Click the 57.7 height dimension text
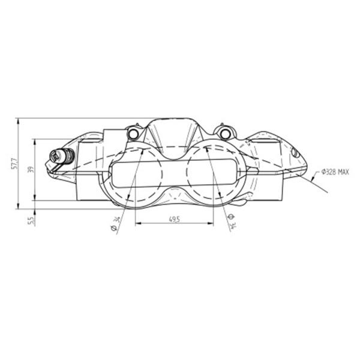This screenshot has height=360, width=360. coord(14,163)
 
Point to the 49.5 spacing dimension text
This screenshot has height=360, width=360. coord(175,220)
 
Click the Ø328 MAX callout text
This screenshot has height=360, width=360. coord(335,172)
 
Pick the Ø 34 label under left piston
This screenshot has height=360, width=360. coord(115,224)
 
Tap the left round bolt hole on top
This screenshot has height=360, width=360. coord(133,133)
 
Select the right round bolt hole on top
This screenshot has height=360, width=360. coord(225,133)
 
